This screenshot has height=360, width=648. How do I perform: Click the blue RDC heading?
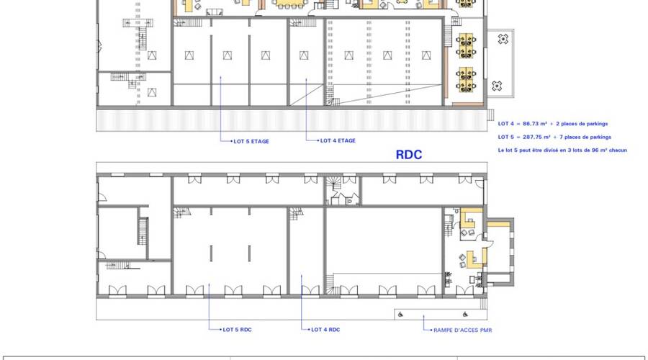(409, 155)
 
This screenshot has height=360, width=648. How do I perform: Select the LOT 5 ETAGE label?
(251, 141)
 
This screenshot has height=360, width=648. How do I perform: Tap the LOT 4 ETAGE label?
(338, 140)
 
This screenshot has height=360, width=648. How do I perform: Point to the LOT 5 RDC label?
(237, 330)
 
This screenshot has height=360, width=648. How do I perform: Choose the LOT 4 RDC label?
(325, 330)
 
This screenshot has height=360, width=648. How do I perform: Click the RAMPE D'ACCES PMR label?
(462, 330)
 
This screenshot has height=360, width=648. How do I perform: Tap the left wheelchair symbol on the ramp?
(400, 315)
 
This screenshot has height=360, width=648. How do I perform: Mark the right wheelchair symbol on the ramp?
(465, 315)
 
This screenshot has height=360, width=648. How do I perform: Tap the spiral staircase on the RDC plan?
(333, 183)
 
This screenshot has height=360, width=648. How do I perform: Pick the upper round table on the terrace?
(503, 40)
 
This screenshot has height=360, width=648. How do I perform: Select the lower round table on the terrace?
(497, 86)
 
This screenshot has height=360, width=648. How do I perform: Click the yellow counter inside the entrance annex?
(498, 225)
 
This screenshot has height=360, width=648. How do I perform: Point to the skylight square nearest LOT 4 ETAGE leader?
(304, 55)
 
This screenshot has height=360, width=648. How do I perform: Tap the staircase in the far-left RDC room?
(143, 231)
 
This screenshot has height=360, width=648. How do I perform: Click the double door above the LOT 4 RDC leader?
(310, 291)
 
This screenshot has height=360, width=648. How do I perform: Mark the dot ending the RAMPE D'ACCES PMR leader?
(432, 330)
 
